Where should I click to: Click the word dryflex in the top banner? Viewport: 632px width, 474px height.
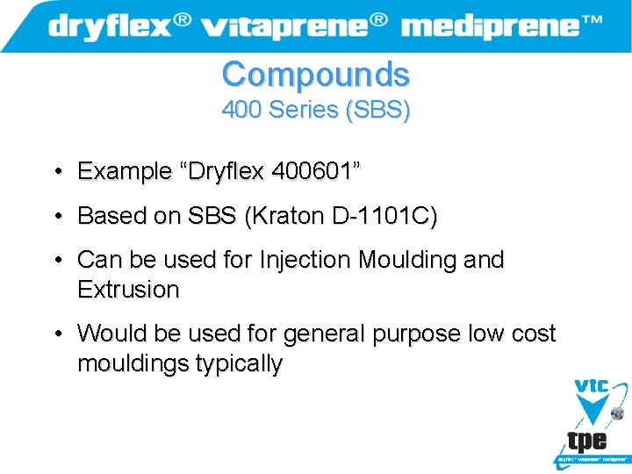111,25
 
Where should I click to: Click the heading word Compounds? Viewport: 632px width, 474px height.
315,74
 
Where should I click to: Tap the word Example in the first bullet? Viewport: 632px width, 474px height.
122,171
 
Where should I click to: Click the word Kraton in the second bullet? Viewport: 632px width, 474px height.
293,216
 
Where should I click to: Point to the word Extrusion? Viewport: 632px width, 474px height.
128,289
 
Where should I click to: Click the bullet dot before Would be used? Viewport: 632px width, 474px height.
56,334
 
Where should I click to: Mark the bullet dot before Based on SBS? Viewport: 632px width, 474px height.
56,216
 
